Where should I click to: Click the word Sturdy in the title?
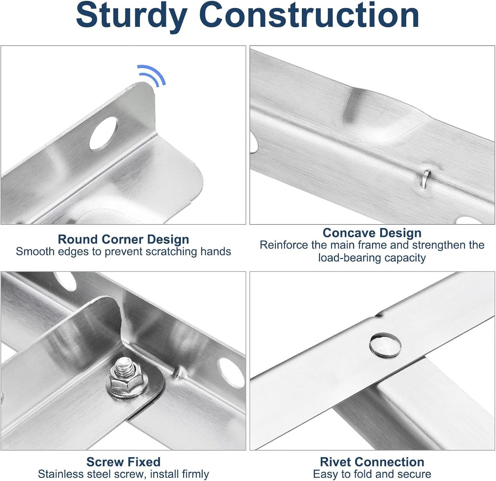coord(132,16)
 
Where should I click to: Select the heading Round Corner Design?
coord(123,239)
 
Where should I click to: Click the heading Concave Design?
coord(372,233)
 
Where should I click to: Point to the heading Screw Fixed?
coord(123,461)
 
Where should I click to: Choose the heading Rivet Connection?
coord(372,461)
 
